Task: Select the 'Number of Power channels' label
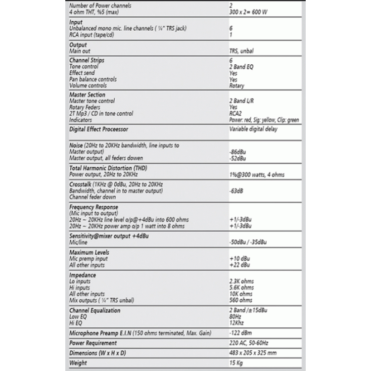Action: click(x=97, y=5)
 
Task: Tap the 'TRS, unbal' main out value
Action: click(x=242, y=51)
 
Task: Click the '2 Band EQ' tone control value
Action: click(x=242, y=66)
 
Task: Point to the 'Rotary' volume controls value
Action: click(x=237, y=86)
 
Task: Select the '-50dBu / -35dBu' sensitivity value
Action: click(x=248, y=242)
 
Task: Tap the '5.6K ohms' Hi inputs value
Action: click(x=241, y=287)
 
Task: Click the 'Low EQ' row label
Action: click(x=80, y=316)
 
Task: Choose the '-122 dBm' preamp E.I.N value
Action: click(x=241, y=333)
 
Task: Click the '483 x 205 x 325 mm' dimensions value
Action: click(x=253, y=353)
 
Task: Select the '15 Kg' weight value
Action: click(x=237, y=364)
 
